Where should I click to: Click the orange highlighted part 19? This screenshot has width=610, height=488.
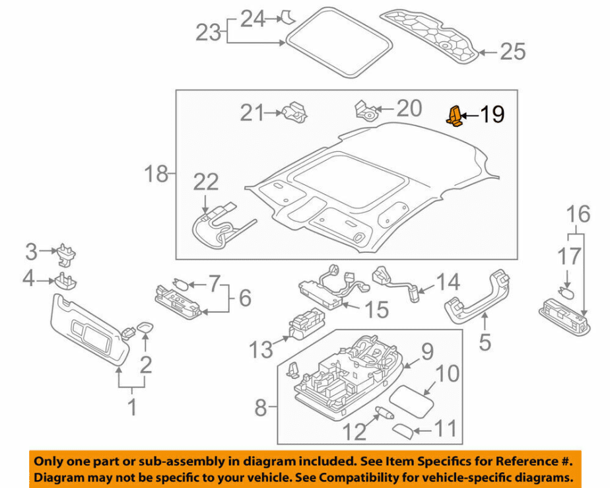click(455, 116)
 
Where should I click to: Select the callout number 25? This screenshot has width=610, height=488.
click(512, 51)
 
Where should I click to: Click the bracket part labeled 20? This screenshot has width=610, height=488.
click(365, 110)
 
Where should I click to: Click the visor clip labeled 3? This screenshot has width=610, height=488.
click(67, 252)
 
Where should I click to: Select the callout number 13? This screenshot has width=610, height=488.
click(261, 349)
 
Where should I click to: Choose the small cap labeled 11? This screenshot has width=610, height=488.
click(403, 431)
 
